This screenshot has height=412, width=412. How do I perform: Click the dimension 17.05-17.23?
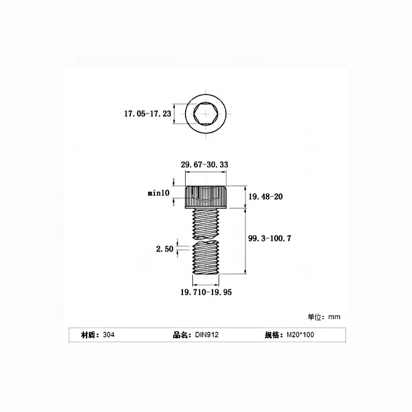point(147,114)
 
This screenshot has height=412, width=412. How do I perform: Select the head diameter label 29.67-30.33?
point(205,164)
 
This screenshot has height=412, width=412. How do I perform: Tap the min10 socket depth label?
point(159,193)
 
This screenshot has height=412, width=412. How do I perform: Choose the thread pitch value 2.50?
point(164,249)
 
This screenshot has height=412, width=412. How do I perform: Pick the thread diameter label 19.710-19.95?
point(206,292)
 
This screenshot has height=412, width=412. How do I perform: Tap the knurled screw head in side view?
point(205,197)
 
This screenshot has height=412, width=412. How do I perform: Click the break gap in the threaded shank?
point(205,240)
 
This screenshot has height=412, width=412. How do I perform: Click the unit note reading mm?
point(334,317)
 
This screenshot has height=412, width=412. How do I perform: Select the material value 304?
point(108,335)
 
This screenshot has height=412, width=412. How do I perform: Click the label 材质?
point(90,335)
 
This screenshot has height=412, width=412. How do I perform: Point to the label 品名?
point(181,335)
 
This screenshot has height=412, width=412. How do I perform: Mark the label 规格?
point(274,335)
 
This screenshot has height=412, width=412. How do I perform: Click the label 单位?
point(315,317)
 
